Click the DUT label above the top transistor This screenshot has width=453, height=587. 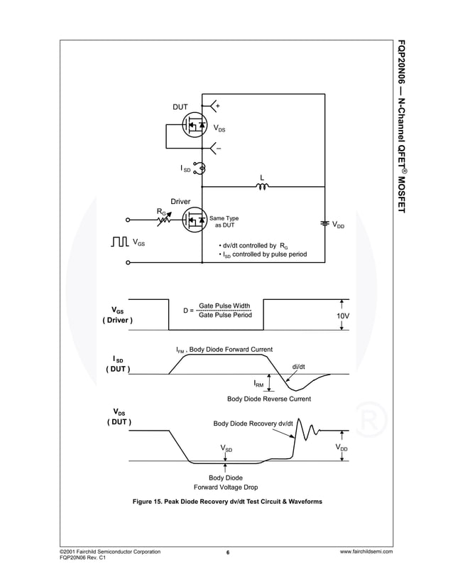[180, 107]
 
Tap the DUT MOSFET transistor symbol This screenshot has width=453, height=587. [194, 126]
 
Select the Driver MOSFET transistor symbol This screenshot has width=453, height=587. [193, 220]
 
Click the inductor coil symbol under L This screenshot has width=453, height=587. [262, 188]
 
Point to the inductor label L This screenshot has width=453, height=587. [262, 177]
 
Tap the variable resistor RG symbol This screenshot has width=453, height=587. [165, 219]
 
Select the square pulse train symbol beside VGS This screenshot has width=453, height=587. [120, 243]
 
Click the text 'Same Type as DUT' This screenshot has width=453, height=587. [224, 221]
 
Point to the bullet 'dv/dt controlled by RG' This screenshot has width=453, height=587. [253, 245]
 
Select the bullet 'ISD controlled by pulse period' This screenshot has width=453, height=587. [262, 254]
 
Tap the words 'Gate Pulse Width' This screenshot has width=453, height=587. [224, 306]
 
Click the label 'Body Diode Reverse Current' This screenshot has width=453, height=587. [268, 399]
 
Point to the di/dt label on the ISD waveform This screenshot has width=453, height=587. [299, 367]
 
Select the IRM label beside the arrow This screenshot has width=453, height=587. [259, 384]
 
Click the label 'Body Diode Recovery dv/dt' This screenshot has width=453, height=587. [253, 424]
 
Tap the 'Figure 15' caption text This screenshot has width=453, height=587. [227, 502]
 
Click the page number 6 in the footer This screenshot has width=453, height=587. [227, 552]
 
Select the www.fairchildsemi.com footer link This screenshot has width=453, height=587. [366, 551]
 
